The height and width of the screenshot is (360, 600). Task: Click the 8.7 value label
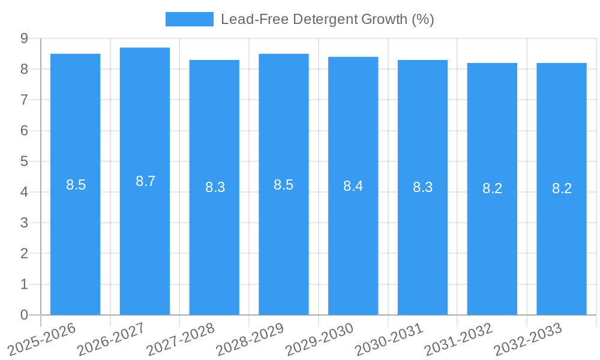(x=145, y=181)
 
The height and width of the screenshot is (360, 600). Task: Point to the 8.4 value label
(x=353, y=186)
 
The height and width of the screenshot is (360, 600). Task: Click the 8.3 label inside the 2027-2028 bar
(x=215, y=187)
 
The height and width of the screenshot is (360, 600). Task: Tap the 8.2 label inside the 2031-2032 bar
(x=492, y=188)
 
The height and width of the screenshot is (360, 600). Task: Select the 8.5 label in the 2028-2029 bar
(x=283, y=185)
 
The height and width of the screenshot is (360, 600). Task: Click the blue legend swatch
(x=189, y=19)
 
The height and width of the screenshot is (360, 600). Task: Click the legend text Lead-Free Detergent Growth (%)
(x=327, y=19)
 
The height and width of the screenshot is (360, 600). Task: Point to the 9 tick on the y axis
(x=24, y=38)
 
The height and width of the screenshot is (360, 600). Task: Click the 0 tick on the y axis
(x=24, y=315)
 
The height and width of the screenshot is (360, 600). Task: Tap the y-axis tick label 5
(x=24, y=161)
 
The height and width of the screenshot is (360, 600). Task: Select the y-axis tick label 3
(x=24, y=223)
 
